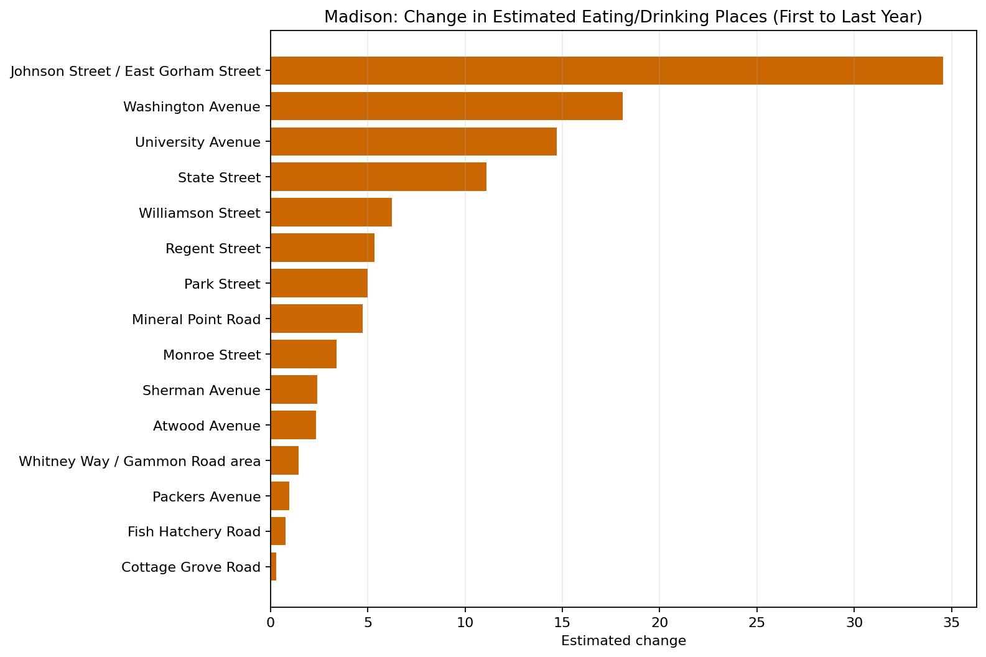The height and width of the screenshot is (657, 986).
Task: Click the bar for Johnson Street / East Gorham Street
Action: (x=607, y=71)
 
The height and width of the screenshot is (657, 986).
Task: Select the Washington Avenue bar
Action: (x=447, y=106)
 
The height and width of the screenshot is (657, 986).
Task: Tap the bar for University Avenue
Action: (x=414, y=142)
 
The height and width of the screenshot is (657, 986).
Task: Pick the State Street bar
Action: (x=378, y=177)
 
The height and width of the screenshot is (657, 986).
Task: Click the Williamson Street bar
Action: (x=331, y=213)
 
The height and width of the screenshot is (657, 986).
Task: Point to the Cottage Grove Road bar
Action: (x=274, y=567)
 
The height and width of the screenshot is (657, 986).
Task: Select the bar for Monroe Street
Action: (x=304, y=354)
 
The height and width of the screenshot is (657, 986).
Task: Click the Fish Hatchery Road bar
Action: (x=278, y=531)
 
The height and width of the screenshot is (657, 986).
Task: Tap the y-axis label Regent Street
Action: (x=213, y=249)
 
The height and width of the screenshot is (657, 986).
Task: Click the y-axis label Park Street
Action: (x=222, y=284)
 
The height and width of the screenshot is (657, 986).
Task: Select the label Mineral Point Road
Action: (x=196, y=320)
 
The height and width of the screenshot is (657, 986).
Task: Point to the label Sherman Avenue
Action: (x=201, y=391)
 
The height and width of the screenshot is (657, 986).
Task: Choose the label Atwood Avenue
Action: (x=207, y=426)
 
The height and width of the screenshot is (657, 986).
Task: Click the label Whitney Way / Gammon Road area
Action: (x=139, y=462)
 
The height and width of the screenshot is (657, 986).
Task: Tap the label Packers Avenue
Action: (x=206, y=497)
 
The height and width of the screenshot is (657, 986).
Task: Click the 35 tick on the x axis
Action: (x=951, y=622)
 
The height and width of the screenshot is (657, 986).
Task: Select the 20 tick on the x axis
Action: (x=659, y=622)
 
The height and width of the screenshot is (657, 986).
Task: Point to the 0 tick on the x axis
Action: (x=271, y=622)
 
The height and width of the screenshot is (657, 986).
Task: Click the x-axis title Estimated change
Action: (x=623, y=641)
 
